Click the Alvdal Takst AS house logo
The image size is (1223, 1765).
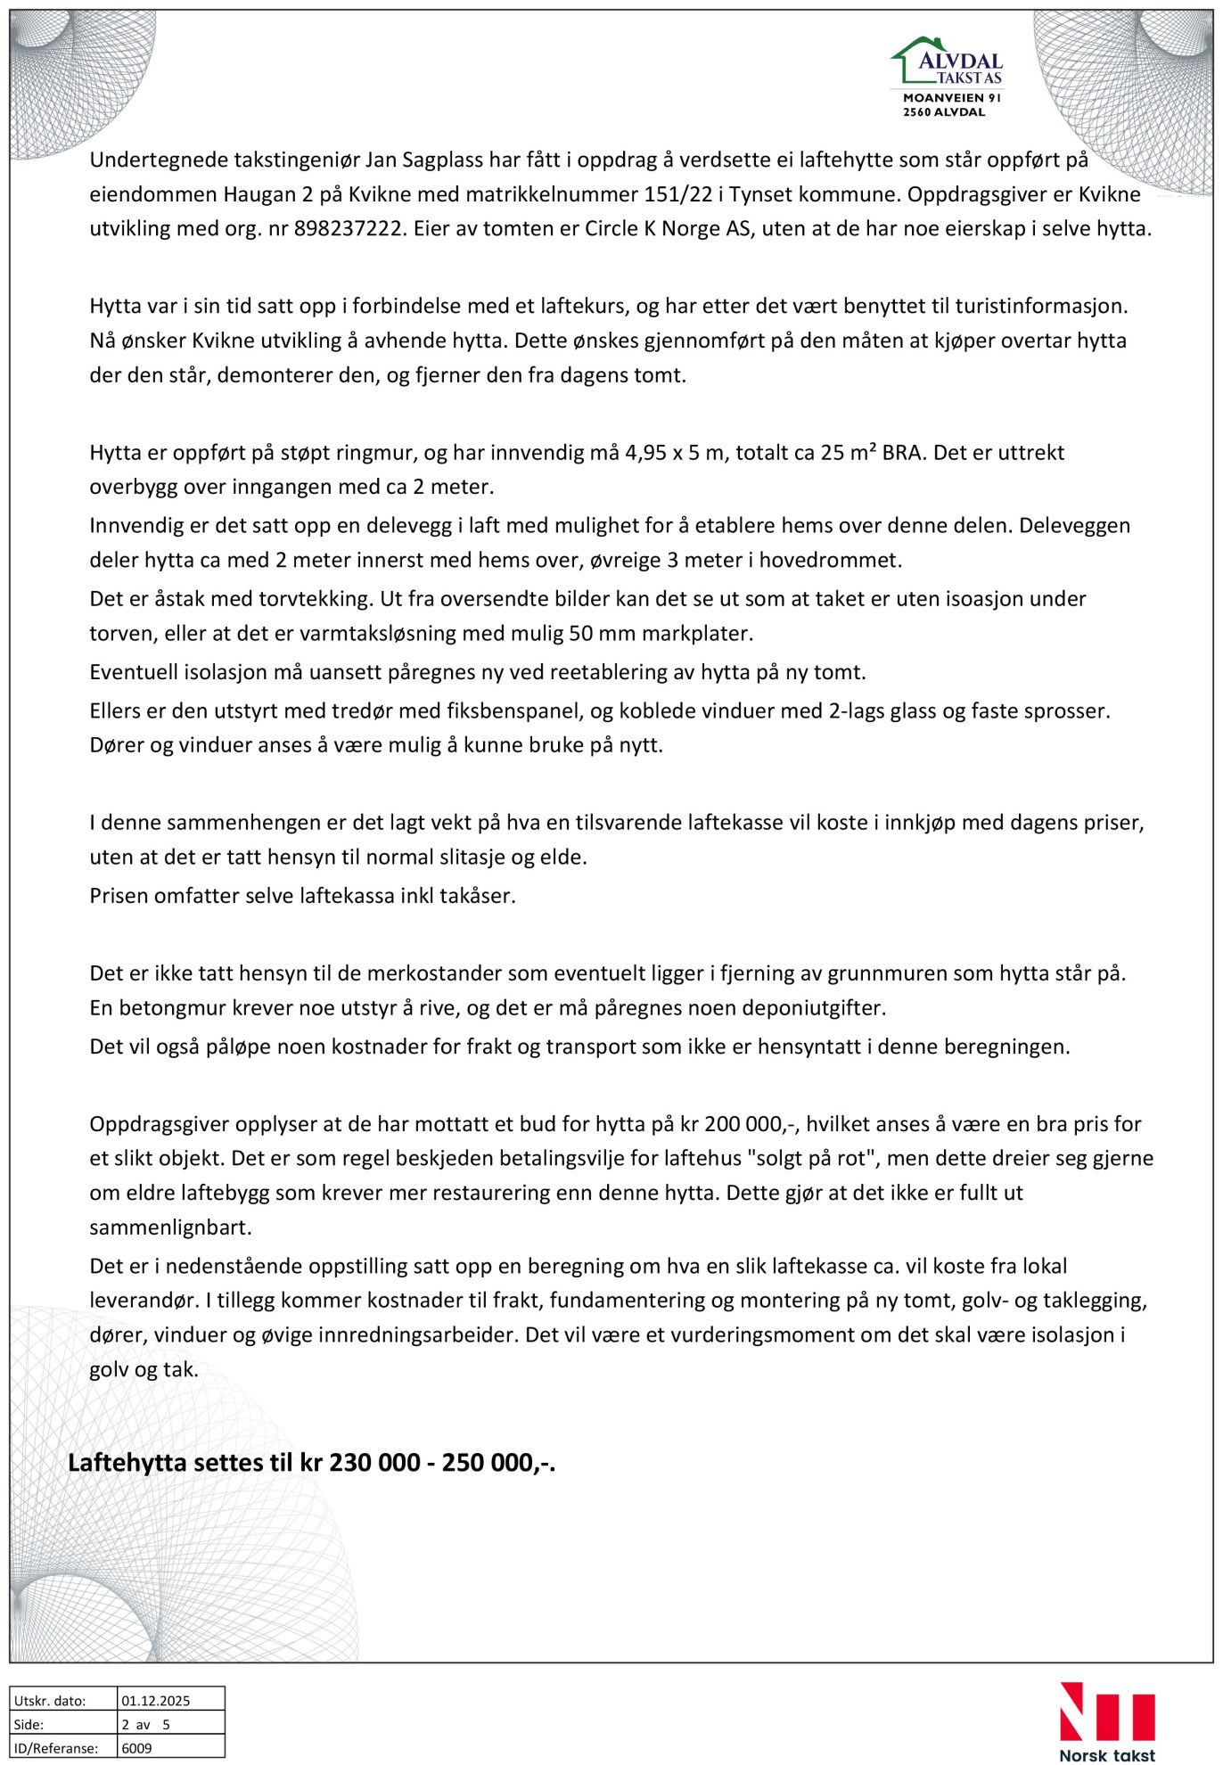947,62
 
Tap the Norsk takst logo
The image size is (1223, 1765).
1106,1721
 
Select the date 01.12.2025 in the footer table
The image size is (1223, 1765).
156,1701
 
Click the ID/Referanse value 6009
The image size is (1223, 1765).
137,1748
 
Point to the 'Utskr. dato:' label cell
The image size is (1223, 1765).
50,1701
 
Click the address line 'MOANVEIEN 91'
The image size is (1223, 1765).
952,98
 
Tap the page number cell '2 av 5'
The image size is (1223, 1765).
145,1725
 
